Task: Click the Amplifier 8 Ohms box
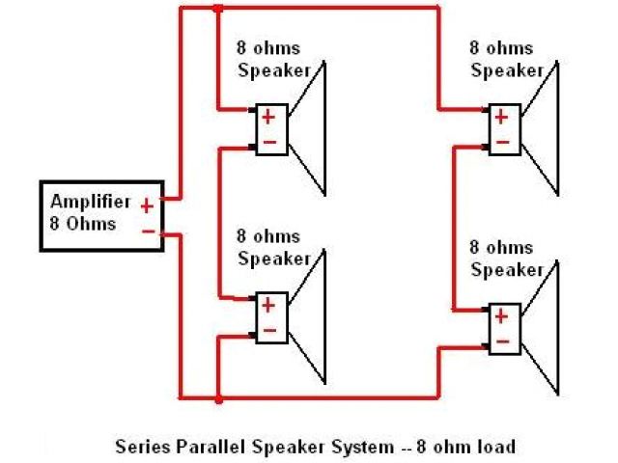coord(100,215)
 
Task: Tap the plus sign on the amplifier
coord(146,204)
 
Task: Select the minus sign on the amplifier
coord(147,231)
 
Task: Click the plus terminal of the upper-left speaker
coord(268,118)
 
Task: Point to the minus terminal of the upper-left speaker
coord(268,142)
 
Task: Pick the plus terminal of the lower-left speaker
coord(268,306)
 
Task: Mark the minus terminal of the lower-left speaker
coord(268,330)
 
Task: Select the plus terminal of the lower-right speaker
coord(502,315)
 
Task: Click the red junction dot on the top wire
coord(218,10)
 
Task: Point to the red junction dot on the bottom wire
coord(218,397)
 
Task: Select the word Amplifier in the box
coord(89,203)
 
